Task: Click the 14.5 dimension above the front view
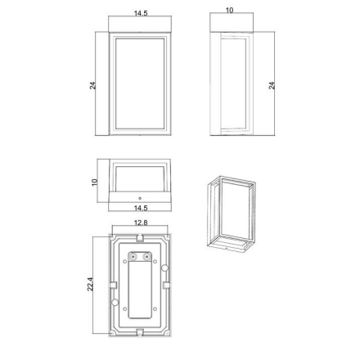pos(141,13)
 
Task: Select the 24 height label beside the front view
pos(92,85)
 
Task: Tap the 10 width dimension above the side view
pos(230,10)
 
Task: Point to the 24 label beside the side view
pos(272,85)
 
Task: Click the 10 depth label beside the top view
pos(94,182)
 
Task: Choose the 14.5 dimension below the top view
pos(141,208)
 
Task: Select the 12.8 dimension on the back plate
pos(141,223)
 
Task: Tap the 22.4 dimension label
pos(90,284)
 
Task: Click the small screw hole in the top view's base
pos(140,198)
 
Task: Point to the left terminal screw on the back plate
pos(133,256)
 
